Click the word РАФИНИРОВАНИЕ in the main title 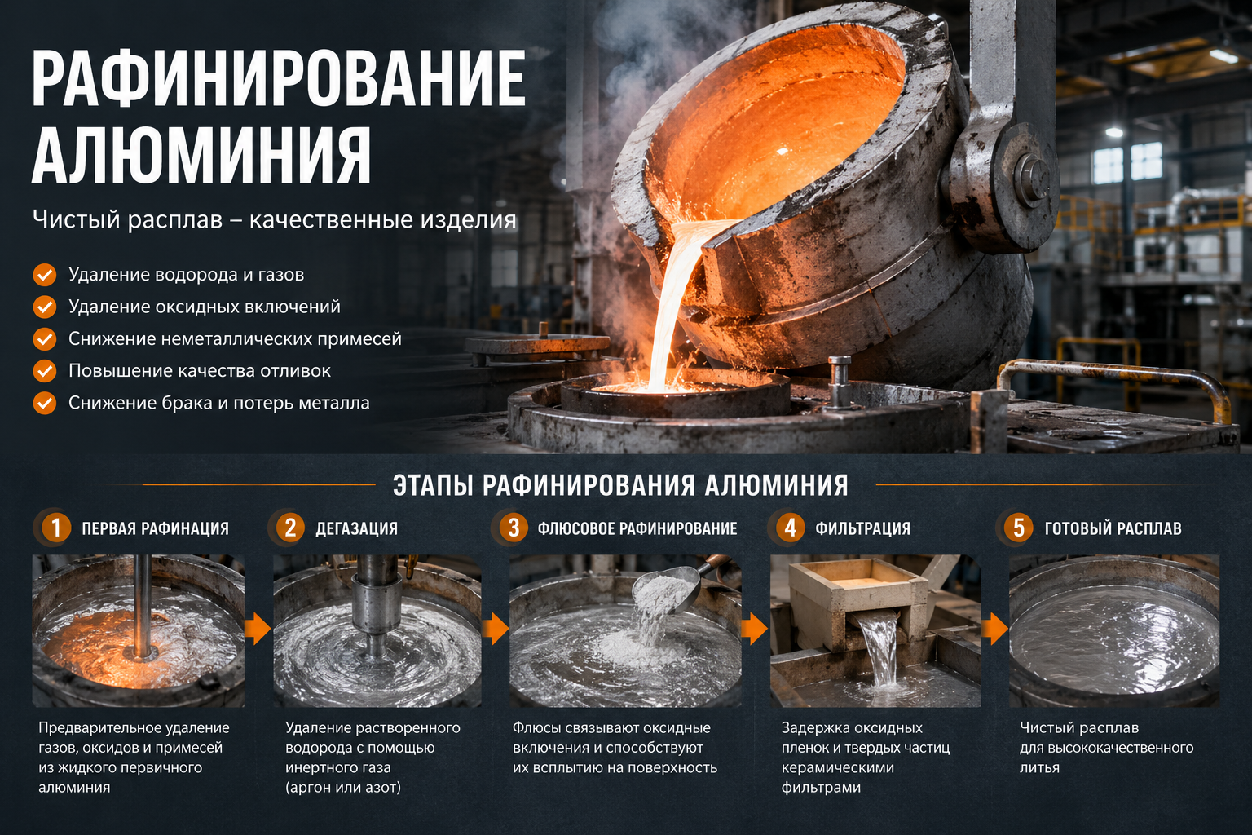[278, 77]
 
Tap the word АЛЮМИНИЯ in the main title [201, 155]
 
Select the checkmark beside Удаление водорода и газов [45, 275]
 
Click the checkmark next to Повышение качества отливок [45, 371]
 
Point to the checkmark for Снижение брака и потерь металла [45, 404]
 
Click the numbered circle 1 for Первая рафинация [55, 528]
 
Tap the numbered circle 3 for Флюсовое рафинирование [514, 528]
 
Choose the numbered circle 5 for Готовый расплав [1018, 528]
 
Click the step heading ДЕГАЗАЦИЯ [356, 528]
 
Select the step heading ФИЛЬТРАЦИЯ [862, 528]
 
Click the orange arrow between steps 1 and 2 [258, 629]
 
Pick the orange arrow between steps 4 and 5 [995, 629]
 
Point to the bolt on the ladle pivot [1031, 176]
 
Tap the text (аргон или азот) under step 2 [343, 788]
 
